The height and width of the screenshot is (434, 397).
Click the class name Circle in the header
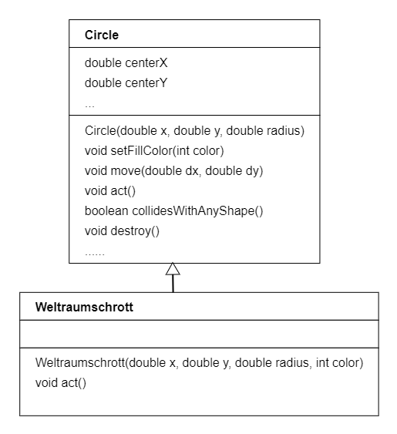click(102, 35)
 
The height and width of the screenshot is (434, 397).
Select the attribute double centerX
click(126, 63)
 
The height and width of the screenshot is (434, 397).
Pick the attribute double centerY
click(126, 82)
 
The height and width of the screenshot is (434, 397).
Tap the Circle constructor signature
click(194, 130)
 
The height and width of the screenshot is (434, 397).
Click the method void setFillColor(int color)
click(154, 151)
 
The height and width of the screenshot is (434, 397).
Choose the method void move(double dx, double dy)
click(174, 171)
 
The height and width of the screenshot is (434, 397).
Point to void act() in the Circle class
click(110, 191)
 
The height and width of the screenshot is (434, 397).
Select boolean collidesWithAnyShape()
click(174, 211)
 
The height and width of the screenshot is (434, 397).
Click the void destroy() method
click(122, 230)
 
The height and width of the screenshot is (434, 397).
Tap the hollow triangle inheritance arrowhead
click(173, 269)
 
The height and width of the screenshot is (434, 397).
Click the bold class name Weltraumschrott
click(84, 308)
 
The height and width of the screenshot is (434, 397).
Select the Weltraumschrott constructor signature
click(200, 362)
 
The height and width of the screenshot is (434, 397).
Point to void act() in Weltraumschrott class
click(61, 383)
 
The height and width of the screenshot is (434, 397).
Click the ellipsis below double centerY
click(89, 106)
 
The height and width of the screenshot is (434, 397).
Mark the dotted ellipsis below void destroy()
click(95, 254)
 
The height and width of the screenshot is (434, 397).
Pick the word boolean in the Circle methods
click(106, 211)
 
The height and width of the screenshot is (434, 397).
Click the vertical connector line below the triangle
click(173, 284)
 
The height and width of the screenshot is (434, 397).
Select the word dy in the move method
click(254, 171)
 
